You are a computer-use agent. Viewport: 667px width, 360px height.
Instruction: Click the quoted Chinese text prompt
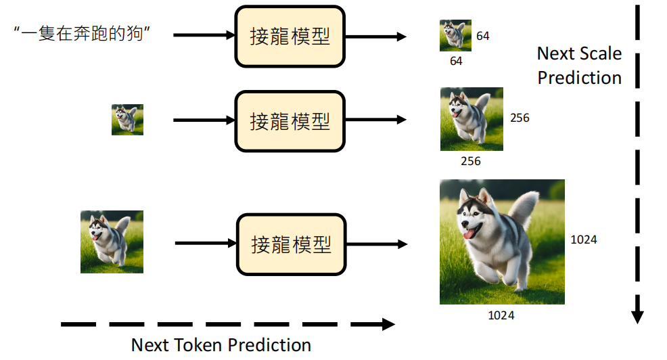point(80,34)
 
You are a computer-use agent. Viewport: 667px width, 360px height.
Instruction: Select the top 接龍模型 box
point(290,36)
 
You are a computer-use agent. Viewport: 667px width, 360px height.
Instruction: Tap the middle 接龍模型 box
point(290,121)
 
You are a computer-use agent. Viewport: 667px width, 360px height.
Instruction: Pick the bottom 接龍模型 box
point(290,244)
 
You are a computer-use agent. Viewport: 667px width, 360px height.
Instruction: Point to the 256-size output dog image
point(471,119)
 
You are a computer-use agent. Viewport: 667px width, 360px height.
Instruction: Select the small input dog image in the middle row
point(127,120)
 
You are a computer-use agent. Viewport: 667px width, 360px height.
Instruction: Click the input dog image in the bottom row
point(112,242)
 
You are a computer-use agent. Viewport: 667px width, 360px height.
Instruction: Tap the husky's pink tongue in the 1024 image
point(467,233)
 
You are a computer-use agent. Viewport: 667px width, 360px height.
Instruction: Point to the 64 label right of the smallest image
point(483,36)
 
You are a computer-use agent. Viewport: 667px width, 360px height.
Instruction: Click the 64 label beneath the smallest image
point(456,61)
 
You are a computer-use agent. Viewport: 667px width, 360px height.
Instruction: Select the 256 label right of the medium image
point(520,118)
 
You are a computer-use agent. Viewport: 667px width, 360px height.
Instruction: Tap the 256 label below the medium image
point(470,161)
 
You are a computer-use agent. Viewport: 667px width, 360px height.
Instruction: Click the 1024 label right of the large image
point(584,240)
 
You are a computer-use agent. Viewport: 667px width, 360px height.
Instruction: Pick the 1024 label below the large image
point(501,315)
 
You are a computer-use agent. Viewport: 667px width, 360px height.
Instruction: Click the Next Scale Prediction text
point(579,66)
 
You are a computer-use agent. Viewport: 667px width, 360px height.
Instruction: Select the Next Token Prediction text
point(221,344)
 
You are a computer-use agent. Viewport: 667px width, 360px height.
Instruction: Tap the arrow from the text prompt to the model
point(203,35)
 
